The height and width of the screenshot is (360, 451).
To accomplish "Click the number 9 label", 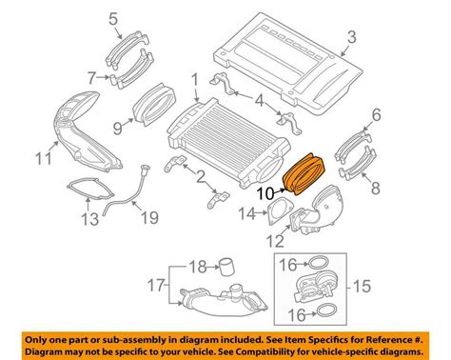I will point(117,124).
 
